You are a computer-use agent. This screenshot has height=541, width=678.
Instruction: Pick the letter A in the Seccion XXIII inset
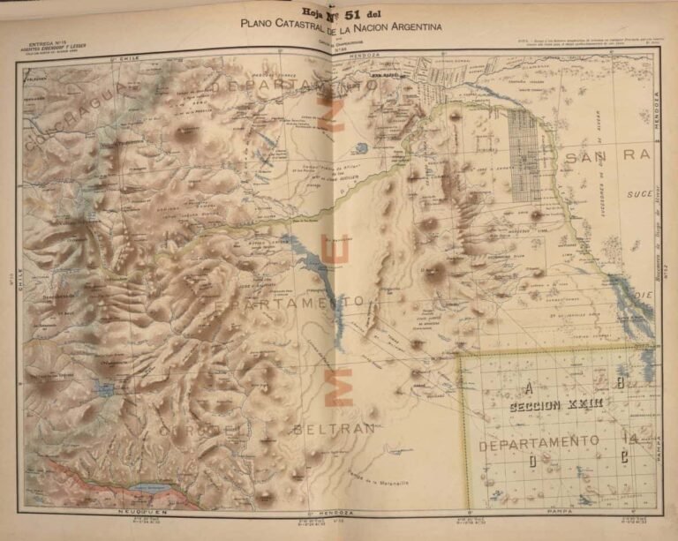(528, 387)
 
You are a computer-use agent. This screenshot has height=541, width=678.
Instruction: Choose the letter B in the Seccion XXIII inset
(621, 383)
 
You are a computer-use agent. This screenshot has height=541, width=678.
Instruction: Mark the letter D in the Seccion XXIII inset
(532, 460)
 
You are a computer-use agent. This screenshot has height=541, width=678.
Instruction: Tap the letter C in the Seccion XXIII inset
(623, 456)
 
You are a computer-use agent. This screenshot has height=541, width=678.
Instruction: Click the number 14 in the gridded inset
(629, 439)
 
